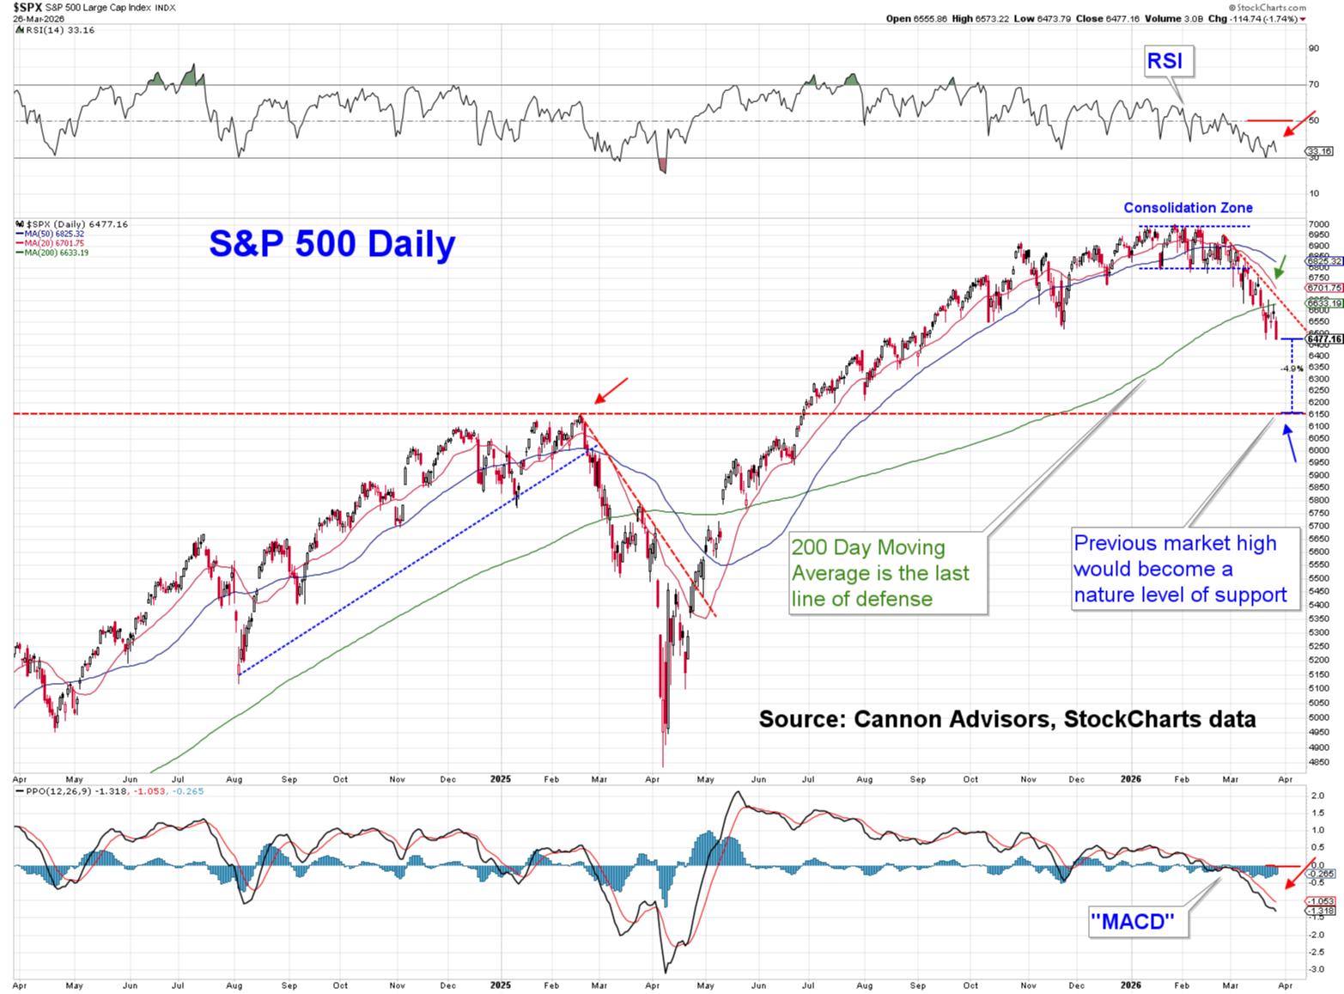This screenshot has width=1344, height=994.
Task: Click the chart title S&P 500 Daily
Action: point(331,244)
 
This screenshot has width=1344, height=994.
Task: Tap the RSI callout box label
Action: point(1165,61)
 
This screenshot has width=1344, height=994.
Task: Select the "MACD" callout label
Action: point(1132,922)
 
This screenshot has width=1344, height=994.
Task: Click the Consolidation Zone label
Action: point(1188,208)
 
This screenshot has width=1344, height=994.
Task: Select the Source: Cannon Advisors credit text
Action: point(1006,719)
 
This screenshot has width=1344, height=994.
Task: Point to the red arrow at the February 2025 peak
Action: point(611,391)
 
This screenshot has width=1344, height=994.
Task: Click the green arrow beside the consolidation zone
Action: point(1280,267)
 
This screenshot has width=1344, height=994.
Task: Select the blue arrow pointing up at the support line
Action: point(1290,443)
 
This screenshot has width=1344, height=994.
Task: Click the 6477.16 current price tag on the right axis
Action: point(1323,339)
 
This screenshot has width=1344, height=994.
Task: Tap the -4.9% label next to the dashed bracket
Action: point(1292,369)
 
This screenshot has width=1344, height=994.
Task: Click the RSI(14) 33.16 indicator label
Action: point(58,30)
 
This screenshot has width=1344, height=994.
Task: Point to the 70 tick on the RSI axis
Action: point(1313,84)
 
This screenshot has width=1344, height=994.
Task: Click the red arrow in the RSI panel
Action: point(1298,124)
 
